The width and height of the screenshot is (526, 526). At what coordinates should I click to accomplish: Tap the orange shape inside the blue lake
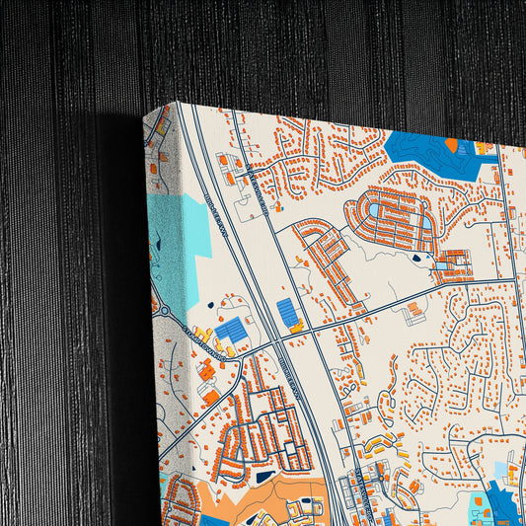pos(451,145)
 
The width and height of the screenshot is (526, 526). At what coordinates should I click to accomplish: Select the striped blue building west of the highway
pos(231,331)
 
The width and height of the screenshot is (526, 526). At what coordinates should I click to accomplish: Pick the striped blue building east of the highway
pos(289,313)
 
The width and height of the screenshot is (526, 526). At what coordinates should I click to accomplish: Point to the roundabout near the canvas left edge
pos(165,312)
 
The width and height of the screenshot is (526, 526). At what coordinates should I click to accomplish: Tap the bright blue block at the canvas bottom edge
pos(214,520)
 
